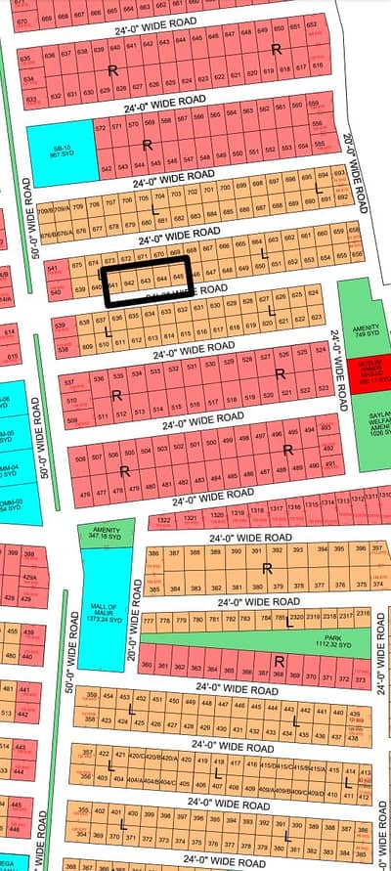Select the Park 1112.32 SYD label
point(294,641)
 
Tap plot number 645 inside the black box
point(178,276)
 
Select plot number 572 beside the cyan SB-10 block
point(101,128)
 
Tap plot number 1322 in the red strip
point(164,519)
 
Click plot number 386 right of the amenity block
point(153,553)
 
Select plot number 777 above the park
point(150,622)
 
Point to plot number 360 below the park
point(148,665)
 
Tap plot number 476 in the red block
point(69,492)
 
